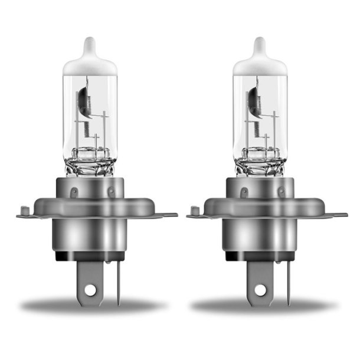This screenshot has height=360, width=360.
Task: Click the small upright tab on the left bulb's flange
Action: pos(24,210)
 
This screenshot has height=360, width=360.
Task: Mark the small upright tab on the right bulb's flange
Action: pos(194,210)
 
